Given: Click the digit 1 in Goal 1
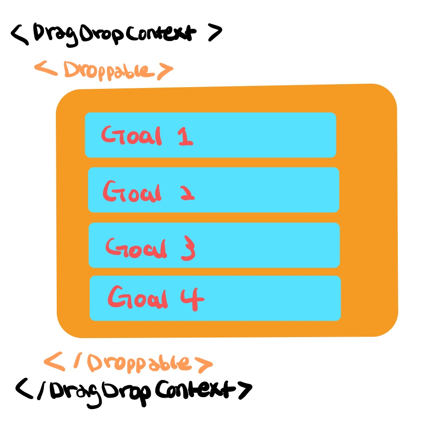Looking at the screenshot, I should (185, 136).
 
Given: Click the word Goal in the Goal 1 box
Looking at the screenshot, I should (131, 135).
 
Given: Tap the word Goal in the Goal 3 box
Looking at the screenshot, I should (136, 248).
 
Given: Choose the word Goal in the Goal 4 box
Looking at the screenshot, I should (138, 299).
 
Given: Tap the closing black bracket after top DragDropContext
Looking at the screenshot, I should (214, 33).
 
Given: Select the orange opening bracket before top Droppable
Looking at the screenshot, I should (44, 69).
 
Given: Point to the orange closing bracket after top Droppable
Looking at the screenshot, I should (164, 71).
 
